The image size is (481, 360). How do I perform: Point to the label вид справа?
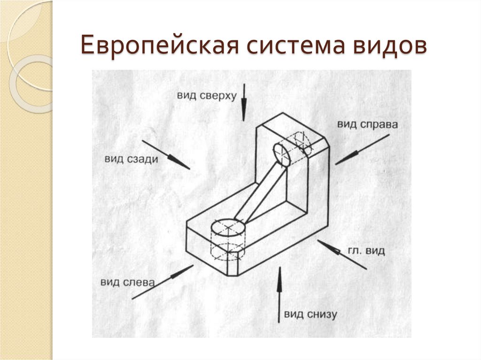click(367, 124)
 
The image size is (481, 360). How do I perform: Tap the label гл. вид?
click(366, 251)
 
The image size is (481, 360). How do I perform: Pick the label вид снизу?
click(310, 314)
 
